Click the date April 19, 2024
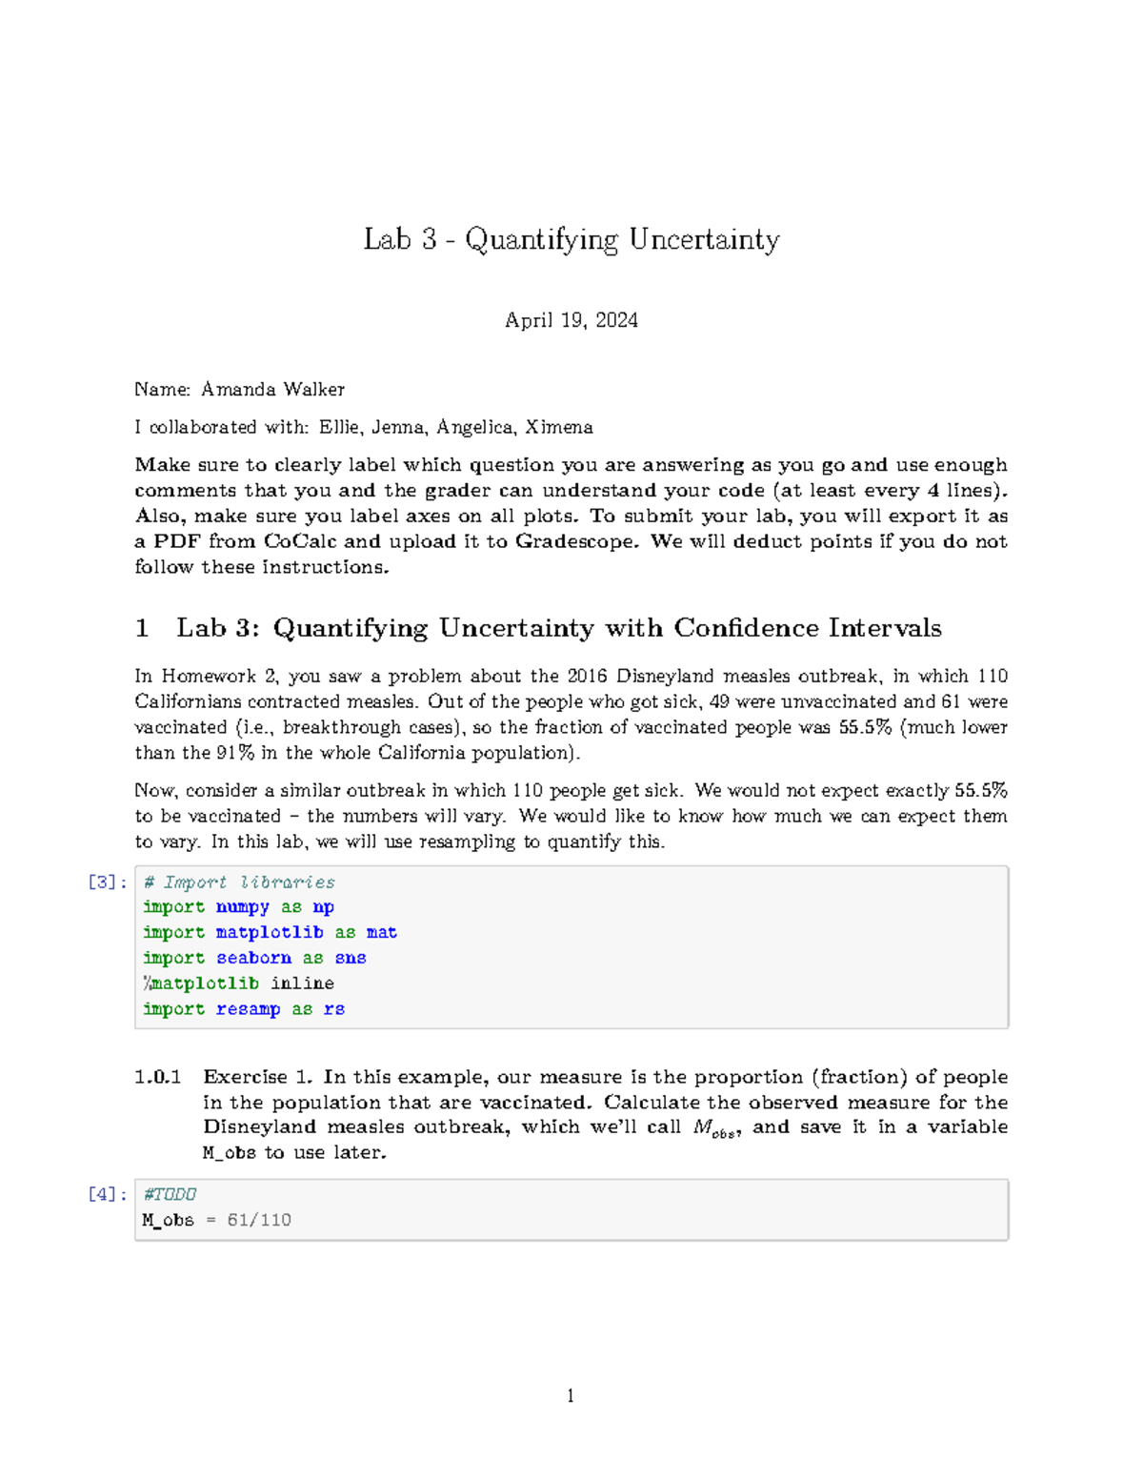571,320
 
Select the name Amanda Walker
272,389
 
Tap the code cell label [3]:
107,882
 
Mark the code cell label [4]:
107,1194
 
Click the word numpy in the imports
242,907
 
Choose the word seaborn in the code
253,958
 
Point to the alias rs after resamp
333,1008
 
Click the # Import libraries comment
239,882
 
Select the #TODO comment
170,1194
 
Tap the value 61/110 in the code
259,1220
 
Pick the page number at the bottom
571,1396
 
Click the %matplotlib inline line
238,983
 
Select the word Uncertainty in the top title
704,239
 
